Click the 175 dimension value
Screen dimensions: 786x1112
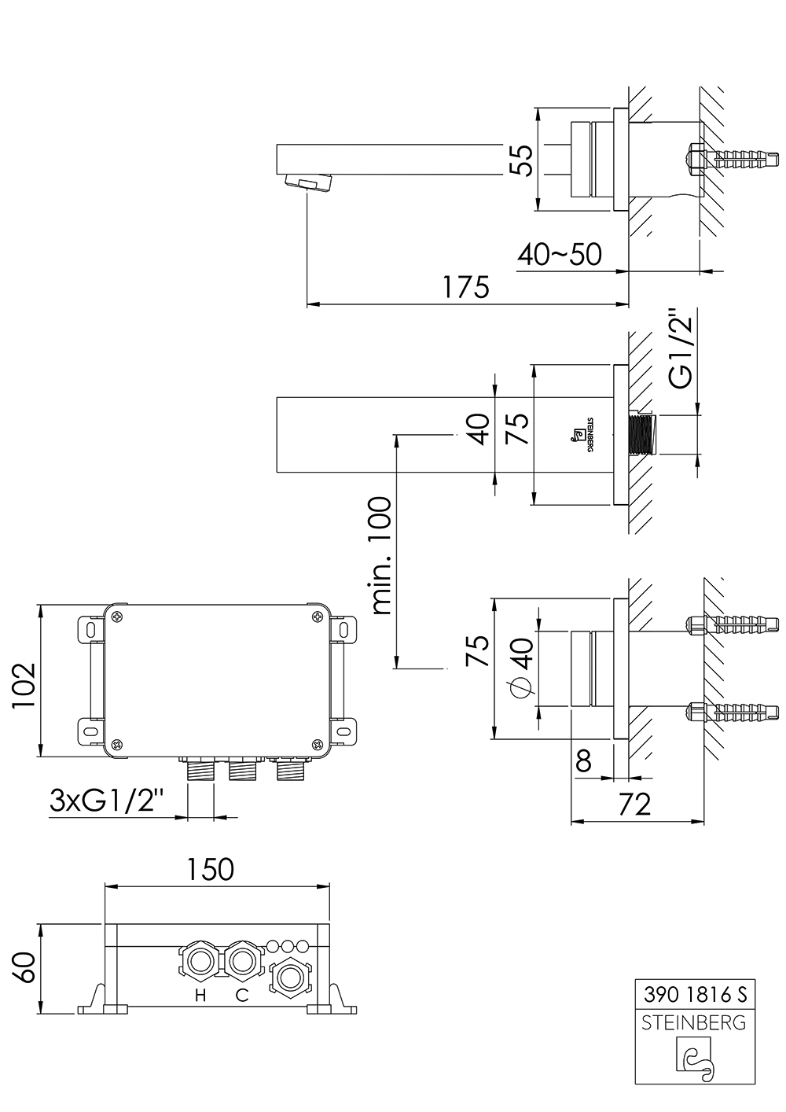pyautogui.click(x=465, y=287)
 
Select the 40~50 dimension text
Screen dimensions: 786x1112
pyautogui.click(x=559, y=254)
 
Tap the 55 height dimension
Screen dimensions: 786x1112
pyautogui.click(x=522, y=160)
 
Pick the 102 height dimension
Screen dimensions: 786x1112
pyautogui.click(x=24, y=687)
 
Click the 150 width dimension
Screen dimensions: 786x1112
pyautogui.click(x=210, y=869)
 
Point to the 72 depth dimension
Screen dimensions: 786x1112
pyautogui.click(x=636, y=805)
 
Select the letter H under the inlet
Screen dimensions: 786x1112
pyautogui.click(x=200, y=996)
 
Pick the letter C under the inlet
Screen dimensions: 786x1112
pyautogui.click(x=242, y=996)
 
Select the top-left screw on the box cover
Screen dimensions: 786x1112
pyautogui.click(x=117, y=616)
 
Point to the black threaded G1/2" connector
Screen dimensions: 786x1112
pyautogui.click(x=642, y=434)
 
